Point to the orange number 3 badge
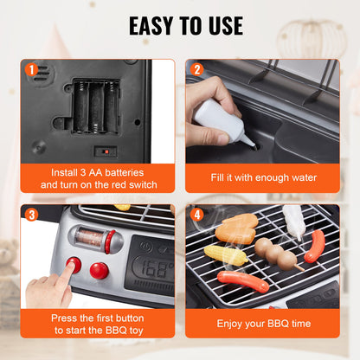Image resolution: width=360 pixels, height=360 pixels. pos(31,215)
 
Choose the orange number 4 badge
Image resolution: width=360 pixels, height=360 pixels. pos(196,215)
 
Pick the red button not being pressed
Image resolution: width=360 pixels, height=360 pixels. pos(100,270)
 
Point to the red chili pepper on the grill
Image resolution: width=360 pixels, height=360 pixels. pos(315,246)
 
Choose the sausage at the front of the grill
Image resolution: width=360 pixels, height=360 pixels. pos(243,281)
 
